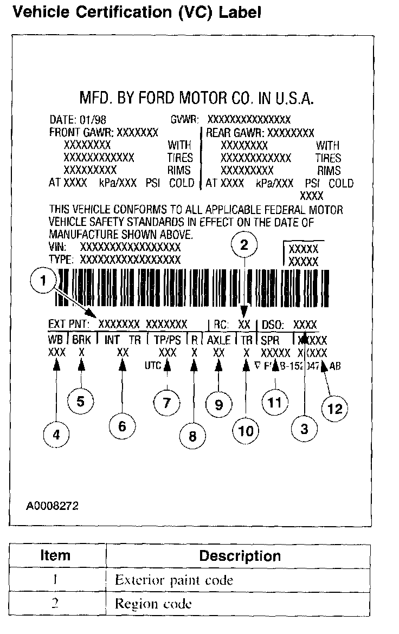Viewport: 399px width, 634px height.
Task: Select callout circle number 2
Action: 244,245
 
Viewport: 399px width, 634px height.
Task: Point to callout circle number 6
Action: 122,426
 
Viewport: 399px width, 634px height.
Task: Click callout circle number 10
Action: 246,432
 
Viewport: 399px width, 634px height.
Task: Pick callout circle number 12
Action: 335,409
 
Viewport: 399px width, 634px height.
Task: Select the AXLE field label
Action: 218,340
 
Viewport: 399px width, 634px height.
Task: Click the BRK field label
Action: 81,340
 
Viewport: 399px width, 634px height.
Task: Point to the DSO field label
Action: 274,325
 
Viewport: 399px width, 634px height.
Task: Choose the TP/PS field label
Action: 166,340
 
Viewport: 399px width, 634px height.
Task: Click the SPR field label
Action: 269,340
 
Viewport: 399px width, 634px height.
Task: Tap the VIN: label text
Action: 57,247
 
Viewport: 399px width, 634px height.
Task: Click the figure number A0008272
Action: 52,506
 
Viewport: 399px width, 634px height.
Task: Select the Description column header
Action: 240,556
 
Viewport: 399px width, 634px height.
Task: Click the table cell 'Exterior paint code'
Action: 174,580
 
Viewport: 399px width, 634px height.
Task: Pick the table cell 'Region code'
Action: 153,604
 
